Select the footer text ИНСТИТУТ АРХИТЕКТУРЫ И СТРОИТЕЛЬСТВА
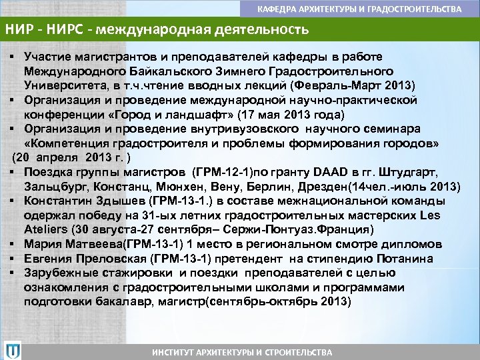(x=241, y=351)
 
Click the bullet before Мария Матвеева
(x=13, y=244)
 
